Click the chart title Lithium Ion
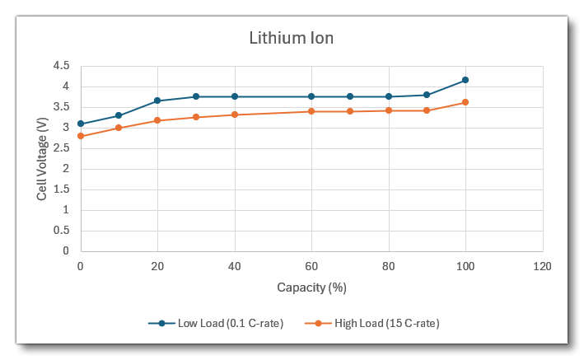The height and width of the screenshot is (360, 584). [x=292, y=38]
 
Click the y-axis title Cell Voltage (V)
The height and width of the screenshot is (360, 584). [x=42, y=158]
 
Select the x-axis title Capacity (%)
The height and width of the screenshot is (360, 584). [x=311, y=288]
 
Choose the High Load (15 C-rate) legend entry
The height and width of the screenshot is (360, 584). [x=378, y=323]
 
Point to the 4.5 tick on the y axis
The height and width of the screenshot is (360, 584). [x=62, y=66]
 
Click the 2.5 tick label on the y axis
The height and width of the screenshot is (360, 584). [x=62, y=148]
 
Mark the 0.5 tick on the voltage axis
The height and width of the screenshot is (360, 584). [x=62, y=231]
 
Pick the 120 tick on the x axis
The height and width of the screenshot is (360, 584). [x=542, y=266]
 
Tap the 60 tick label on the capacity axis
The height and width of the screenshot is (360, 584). [x=311, y=266]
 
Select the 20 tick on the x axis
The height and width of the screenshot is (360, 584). [x=157, y=266]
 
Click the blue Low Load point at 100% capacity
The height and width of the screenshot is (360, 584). [x=465, y=80]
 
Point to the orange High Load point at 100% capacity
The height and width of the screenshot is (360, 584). [x=465, y=102]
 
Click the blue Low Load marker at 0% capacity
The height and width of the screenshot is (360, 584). [x=81, y=124]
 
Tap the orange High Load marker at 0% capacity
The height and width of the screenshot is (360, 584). [x=81, y=136]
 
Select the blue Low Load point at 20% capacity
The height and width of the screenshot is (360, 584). [x=157, y=101]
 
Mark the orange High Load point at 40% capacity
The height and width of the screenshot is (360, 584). [x=235, y=115]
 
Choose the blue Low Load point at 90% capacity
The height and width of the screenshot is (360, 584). [x=427, y=95]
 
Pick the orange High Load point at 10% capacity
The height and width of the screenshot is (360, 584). [x=119, y=128]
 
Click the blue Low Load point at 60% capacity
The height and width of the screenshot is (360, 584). [x=311, y=96]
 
